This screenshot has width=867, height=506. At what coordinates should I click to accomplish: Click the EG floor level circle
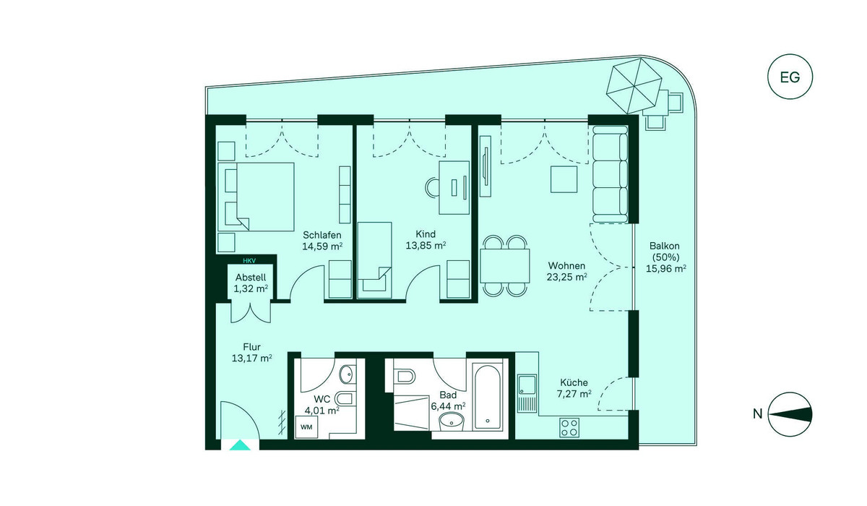click(x=790, y=77)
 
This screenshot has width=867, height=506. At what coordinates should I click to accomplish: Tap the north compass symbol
click(x=790, y=414)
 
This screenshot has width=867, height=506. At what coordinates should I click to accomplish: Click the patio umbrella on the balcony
click(x=634, y=85)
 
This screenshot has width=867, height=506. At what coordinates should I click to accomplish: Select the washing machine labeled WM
click(x=306, y=427)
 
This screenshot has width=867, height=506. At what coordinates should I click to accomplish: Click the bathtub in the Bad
click(x=487, y=397)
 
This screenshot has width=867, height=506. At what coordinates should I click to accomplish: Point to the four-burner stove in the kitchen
click(x=569, y=427)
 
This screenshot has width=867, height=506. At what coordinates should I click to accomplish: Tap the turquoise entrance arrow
click(x=240, y=445)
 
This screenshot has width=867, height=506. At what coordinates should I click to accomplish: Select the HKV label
click(x=249, y=261)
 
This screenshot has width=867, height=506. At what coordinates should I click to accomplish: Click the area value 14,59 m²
click(x=322, y=246)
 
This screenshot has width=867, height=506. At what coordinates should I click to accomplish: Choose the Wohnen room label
click(x=566, y=265)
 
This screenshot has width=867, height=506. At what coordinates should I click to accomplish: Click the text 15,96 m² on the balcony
click(x=666, y=268)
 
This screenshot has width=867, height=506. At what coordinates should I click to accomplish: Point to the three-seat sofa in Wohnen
click(x=611, y=173)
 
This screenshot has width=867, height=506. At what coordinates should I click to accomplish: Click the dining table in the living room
click(x=505, y=265)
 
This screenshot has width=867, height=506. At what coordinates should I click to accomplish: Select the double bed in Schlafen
click(x=256, y=197)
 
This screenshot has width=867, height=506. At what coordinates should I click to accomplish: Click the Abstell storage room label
click(x=251, y=278)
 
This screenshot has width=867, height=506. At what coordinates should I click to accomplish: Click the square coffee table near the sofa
click(x=564, y=179)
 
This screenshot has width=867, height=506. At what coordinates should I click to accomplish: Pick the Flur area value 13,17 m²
click(x=251, y=358)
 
